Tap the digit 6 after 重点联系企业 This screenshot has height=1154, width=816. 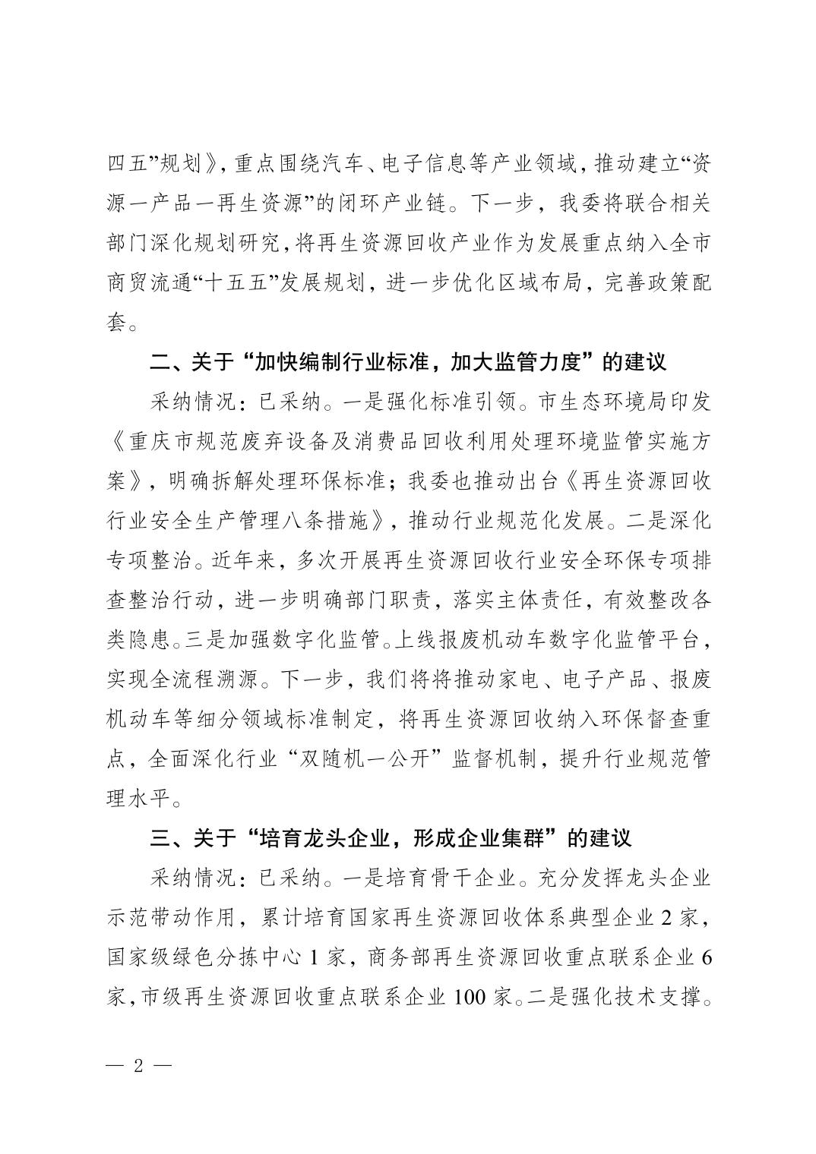coord(706,957)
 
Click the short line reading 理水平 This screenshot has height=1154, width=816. coord(144,799)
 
